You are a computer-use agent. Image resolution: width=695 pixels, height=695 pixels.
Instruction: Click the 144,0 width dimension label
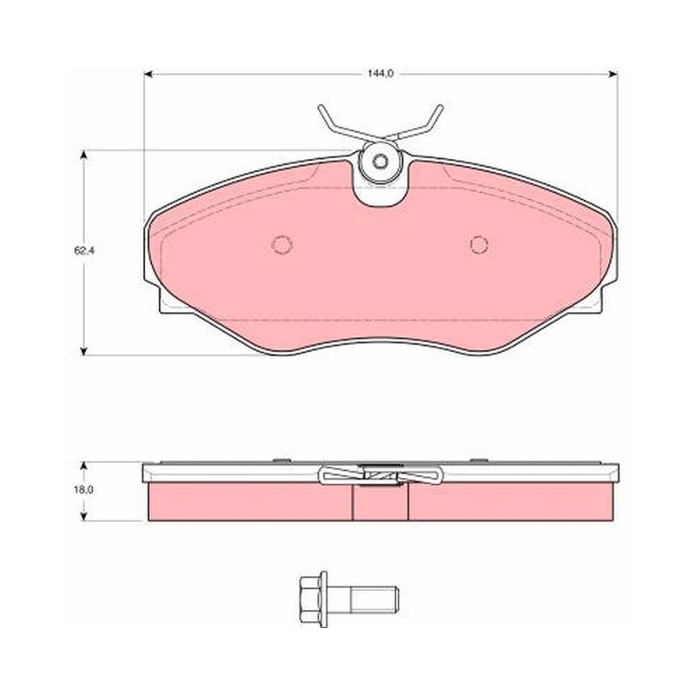click(381, 74)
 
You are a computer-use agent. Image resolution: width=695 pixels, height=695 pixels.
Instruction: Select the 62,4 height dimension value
click(84, 250)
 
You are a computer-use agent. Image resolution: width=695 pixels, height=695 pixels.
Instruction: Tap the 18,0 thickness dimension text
click(84, 490)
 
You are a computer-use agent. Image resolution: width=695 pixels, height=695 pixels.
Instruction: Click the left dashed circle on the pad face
click(282, 244)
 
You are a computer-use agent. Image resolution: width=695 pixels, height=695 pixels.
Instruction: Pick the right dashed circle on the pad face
click(480, 244)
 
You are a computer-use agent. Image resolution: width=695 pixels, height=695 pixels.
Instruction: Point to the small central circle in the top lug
click(380, 162)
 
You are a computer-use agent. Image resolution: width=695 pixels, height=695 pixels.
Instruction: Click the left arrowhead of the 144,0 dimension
click(149, 74)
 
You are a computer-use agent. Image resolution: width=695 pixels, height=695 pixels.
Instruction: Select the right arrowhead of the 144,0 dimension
click(613, 74)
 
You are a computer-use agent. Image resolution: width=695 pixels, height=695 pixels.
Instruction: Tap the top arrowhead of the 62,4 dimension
click(83, 155)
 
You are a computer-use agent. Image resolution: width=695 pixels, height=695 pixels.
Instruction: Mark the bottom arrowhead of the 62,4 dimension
click(83, 351)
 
